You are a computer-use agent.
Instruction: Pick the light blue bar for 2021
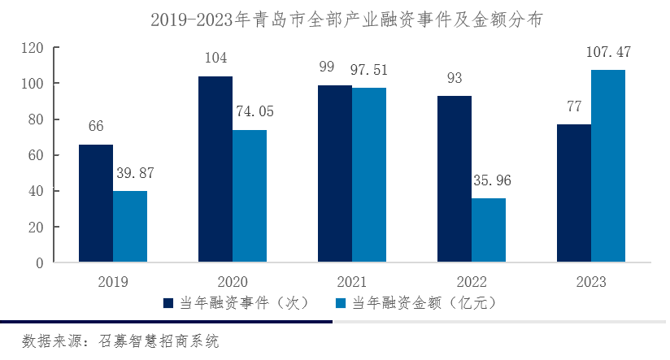point(369,175)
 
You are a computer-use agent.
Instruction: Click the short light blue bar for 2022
point(489,230)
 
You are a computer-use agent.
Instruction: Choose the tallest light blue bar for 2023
point(608,166)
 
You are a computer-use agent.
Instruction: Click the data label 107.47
point(608,53)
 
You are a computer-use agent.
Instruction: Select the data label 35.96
point(489,180)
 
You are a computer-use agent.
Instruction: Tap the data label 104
point(215,59)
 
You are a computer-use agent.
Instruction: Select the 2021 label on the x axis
point(352,281)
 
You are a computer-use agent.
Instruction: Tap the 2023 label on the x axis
point(591,281)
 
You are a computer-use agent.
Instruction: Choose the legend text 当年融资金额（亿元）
point(423,303)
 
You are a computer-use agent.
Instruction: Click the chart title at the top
point(335,18)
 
